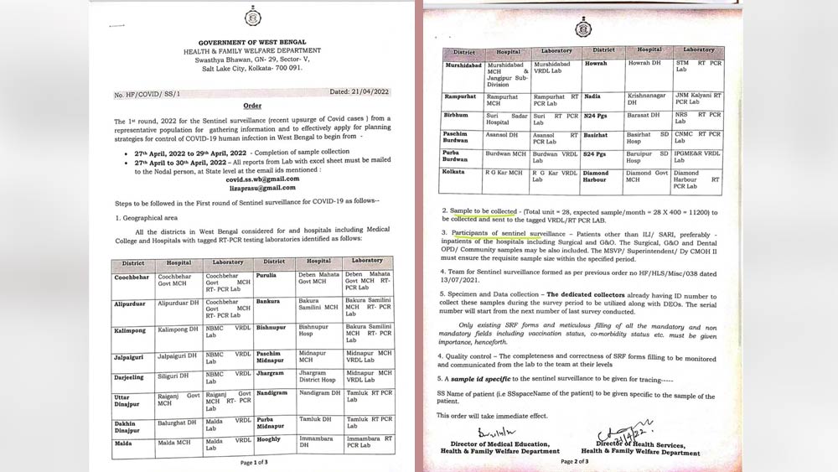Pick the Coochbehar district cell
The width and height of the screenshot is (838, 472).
(132, 277)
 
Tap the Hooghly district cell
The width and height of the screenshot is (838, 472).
(268, 439)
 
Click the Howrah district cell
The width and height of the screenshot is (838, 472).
(596, 63)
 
